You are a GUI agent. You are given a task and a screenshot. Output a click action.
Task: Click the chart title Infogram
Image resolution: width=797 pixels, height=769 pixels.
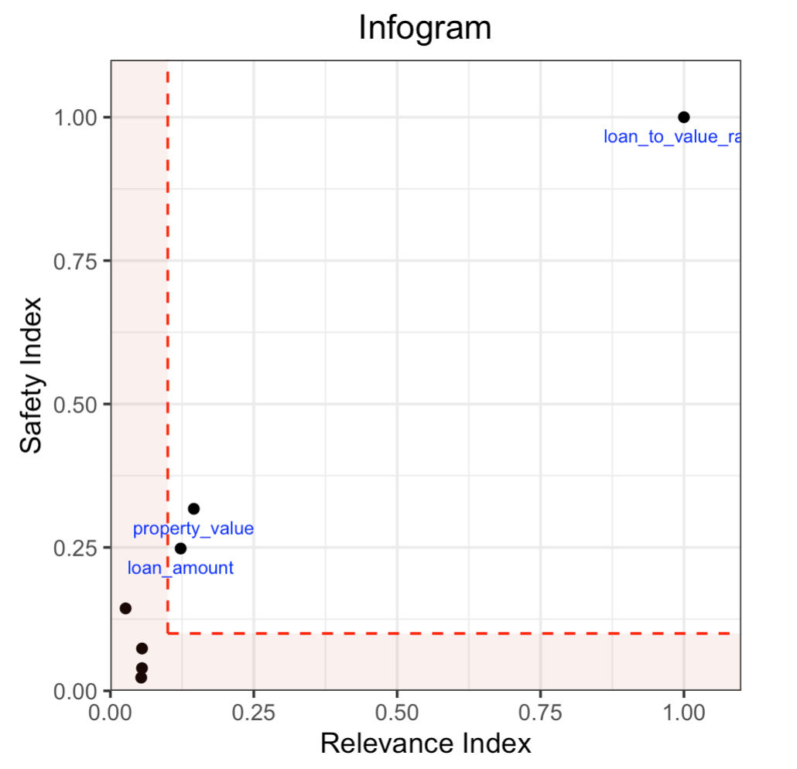(425, 29)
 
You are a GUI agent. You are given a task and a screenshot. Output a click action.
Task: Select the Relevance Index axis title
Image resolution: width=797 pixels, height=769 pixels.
(426, 743)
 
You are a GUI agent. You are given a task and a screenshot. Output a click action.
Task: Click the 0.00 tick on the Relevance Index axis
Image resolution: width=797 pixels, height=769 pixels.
(111, 710)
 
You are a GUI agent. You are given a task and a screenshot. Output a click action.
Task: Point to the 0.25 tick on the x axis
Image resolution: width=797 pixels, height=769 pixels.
(253, 710)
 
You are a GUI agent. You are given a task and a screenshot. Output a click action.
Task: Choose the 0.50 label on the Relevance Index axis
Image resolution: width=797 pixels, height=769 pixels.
(396, 710)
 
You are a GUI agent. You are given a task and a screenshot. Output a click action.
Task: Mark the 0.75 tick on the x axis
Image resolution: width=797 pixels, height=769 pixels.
(540, 710)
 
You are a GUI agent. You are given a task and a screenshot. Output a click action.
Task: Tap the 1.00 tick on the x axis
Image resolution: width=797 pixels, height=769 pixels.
(683, 710)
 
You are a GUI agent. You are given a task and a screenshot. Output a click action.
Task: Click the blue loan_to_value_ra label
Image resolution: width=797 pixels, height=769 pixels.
(672, 138)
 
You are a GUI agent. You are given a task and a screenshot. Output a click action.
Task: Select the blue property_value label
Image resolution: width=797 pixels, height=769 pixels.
(193, 529)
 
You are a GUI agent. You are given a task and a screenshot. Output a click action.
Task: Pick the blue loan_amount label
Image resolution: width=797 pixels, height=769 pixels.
(180, 568)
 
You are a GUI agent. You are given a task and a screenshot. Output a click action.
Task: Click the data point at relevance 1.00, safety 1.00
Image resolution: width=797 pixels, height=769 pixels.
(683, 117)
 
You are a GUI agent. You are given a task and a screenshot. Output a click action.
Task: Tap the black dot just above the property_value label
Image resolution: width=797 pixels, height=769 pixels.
(193, 508)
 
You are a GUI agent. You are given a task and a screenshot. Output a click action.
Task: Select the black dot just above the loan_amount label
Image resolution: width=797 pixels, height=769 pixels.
(180, 549)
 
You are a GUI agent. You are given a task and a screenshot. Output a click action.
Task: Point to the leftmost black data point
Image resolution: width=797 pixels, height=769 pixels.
(125, 608)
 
